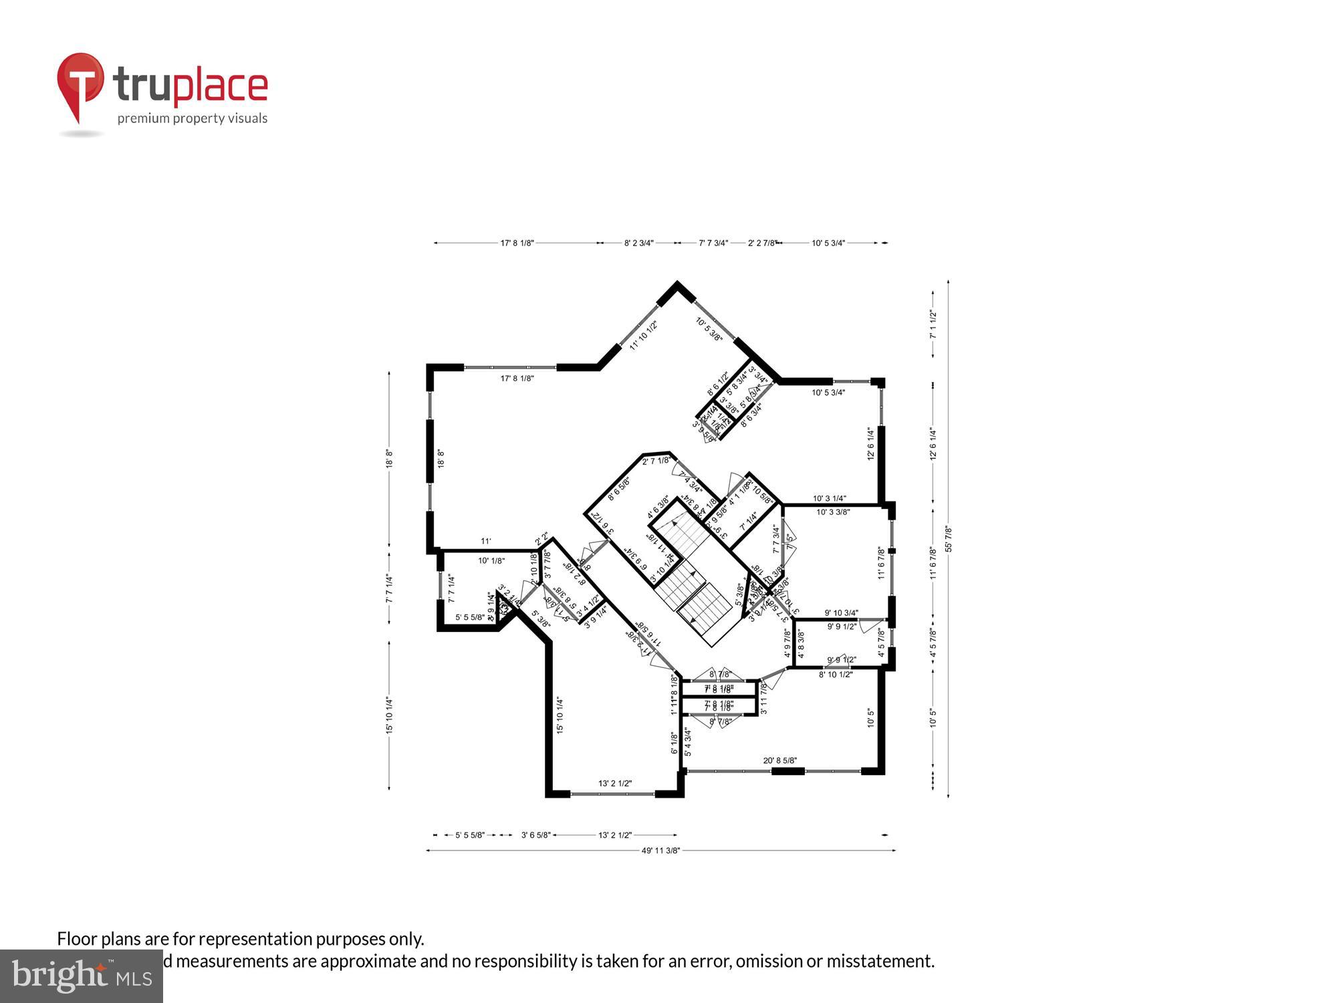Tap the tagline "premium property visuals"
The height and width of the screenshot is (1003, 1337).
click(193, 118)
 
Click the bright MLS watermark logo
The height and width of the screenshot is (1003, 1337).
click(82, 977)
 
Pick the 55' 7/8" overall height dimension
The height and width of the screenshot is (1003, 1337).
click(948, 539)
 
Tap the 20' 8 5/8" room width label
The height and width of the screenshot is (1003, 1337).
click(779, 760)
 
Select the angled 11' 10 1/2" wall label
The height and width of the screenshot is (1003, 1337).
click(643, 336)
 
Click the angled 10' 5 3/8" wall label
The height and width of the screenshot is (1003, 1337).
click(709, 330)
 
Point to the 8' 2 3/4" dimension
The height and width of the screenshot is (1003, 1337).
click(638, 243)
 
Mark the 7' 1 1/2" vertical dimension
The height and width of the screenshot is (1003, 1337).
click(933, 324)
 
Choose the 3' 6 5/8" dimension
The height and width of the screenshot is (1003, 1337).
click(535, 835)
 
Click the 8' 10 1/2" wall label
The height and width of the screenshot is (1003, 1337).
click(836, 675)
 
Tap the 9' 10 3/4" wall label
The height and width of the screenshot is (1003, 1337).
click(841, 612)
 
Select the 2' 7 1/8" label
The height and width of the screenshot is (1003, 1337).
click(655, 461)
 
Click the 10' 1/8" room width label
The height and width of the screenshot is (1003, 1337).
click(491, 561)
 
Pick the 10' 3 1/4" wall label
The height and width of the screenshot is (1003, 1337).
click(829, 498)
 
